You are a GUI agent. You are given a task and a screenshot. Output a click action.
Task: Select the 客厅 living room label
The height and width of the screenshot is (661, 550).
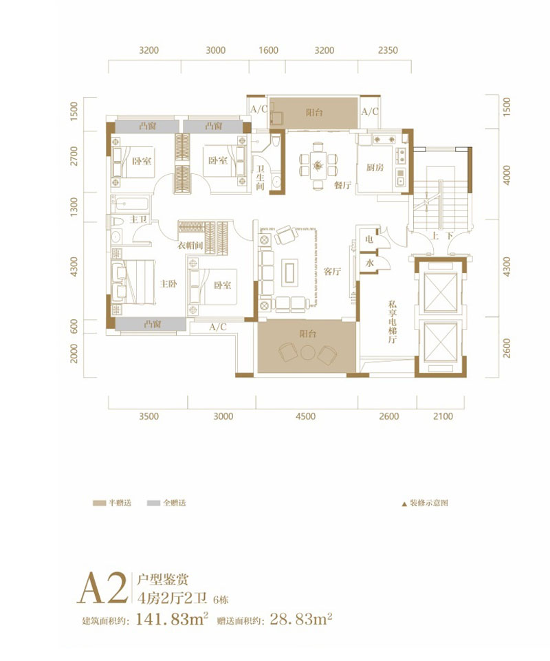point(333,272)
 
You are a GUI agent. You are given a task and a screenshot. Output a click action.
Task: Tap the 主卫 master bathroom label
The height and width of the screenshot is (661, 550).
point(139,220)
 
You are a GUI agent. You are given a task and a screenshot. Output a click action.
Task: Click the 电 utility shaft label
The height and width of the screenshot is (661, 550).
point(369,239)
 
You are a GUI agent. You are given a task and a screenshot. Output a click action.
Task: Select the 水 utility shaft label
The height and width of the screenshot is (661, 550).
point(369,263)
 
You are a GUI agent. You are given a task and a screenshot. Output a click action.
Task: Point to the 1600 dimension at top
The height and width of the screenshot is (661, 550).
point(269,50)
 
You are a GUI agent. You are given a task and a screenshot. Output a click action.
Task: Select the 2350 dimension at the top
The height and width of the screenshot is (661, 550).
point(388,50)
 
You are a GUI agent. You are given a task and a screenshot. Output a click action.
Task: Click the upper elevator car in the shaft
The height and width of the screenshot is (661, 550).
point(440,294)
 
